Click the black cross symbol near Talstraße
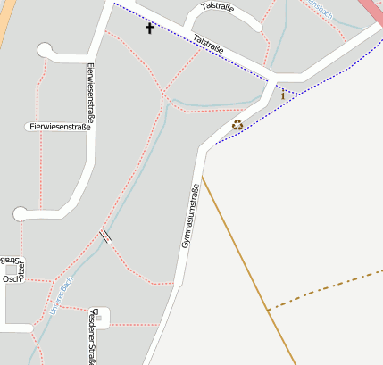[x=149, y=28]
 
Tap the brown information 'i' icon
[x=283, y=95]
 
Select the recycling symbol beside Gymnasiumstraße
[x=237, y=125]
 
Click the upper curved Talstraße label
[x=217, y=7]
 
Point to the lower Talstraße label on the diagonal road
[x=209, y=44]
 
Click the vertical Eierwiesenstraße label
[x=91, y=92]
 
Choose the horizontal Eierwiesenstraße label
[x=60, y=128]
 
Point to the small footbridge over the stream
[x=105, y=236]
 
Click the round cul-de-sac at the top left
[x=46, y=50]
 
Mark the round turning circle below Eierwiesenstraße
[x=21, y=213]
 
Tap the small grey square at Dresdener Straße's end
[x=102, y=315]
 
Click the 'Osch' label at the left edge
[x=11, y=279]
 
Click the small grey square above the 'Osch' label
[x=12, y=268]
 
